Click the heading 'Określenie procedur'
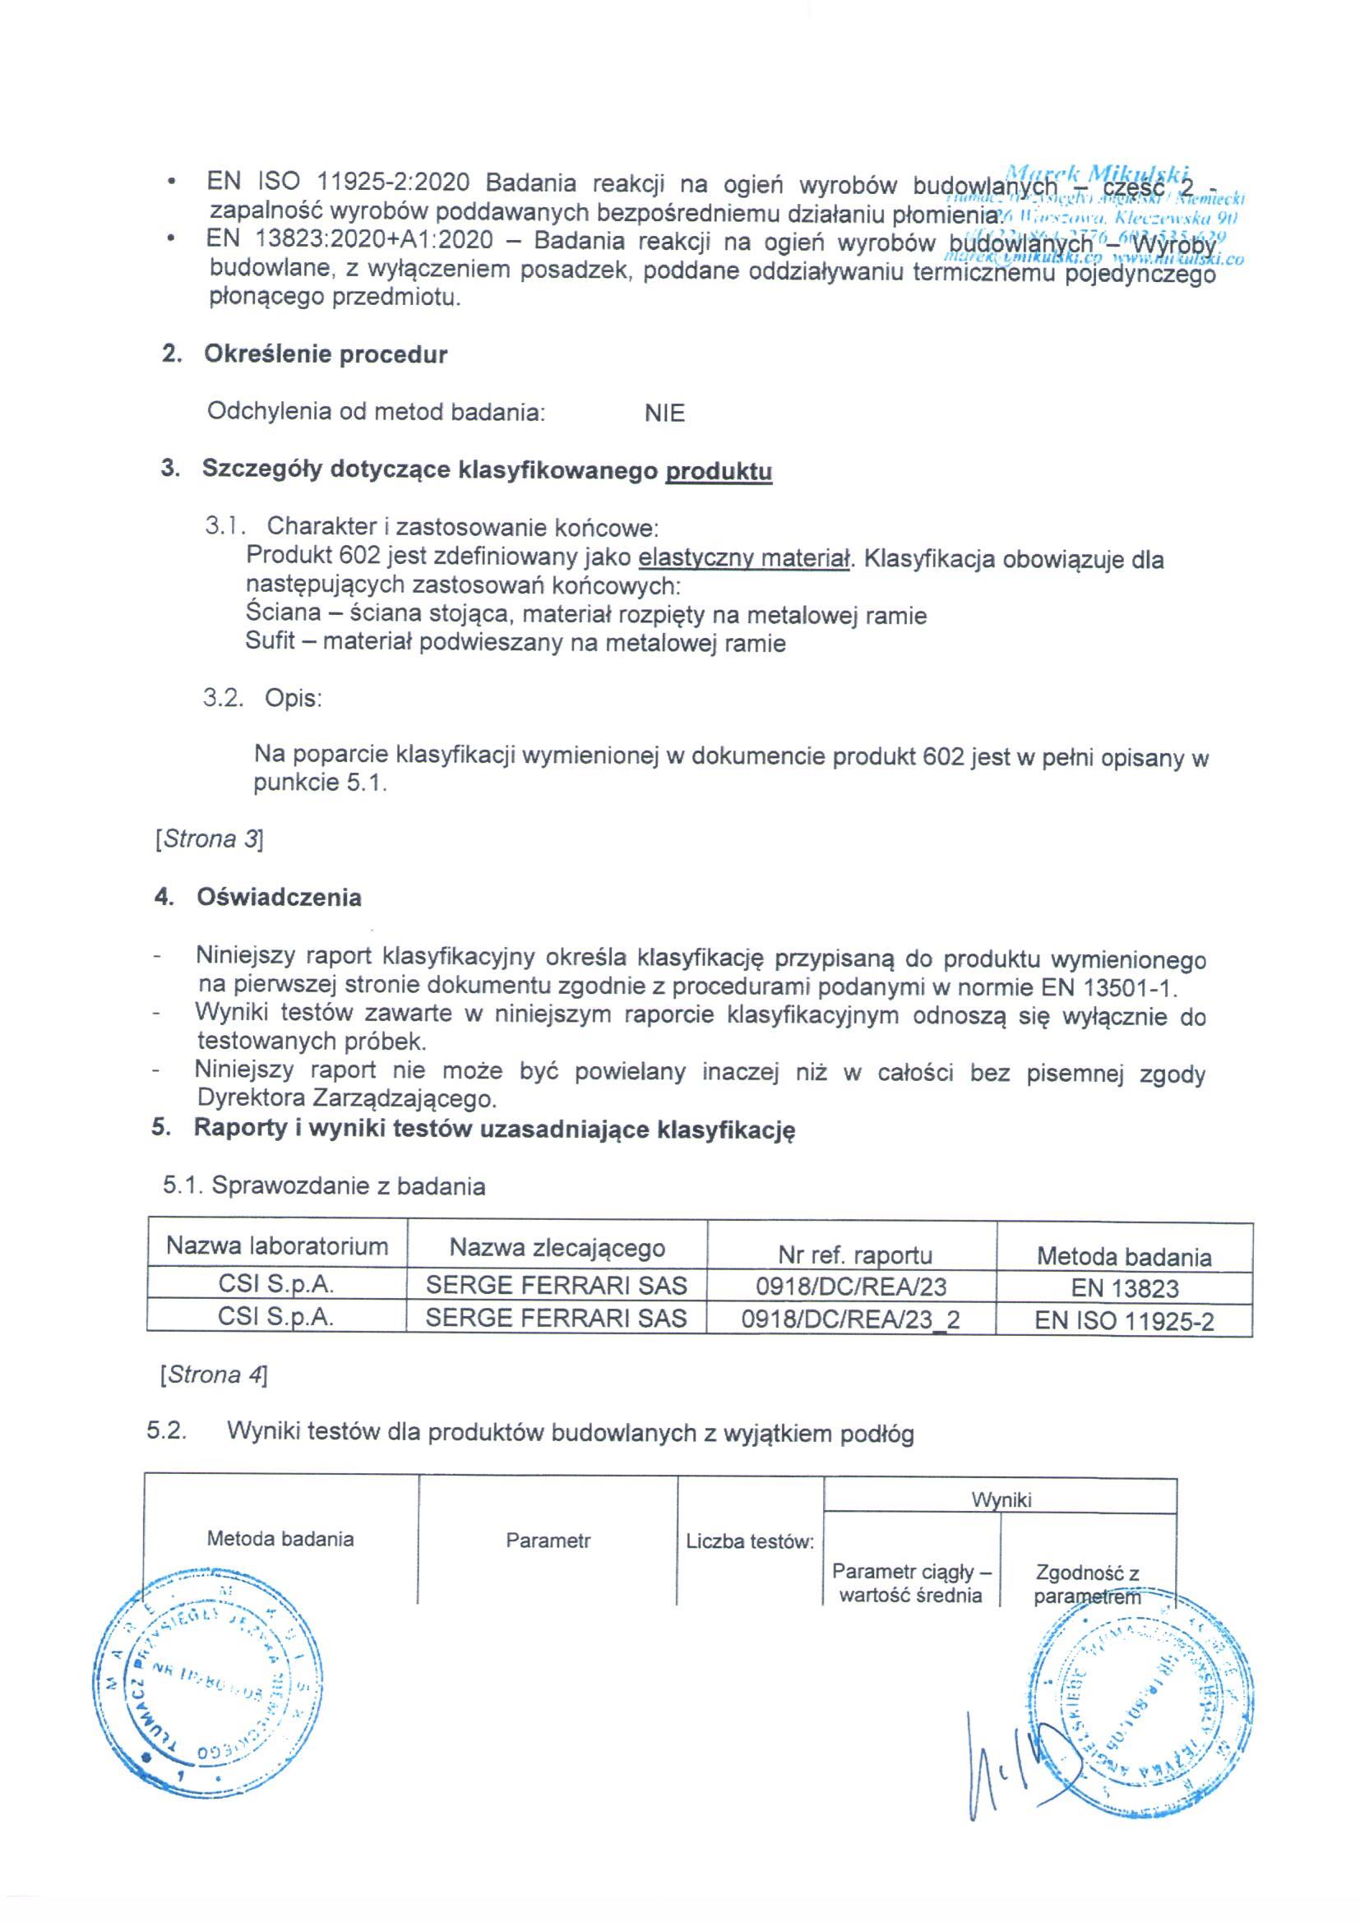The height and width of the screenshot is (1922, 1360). click(325, 354)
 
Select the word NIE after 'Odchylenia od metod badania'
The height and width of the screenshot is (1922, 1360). click(664, 414)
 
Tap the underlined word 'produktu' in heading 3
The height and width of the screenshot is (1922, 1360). click(718, 471)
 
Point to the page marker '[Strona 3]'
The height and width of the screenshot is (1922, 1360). click(210, 839)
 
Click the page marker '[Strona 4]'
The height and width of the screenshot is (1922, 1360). click(214, 1375)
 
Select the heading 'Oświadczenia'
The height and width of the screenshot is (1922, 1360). click(279, 898)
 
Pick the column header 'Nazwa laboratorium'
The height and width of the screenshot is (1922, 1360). click(277, 1246)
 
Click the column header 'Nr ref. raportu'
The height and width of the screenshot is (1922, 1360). click(854, 1254)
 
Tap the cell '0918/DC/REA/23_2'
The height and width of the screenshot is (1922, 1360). click(850, 1320)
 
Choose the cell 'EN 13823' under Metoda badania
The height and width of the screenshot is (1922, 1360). click(1124, 1288)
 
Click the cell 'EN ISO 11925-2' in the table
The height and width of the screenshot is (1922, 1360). click(1124, 1322)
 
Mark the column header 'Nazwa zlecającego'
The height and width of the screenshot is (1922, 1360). click(557, 1248)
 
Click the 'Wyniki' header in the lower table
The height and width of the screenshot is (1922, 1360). click(1001, 1499)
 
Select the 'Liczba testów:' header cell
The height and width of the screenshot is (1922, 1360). click(750, 1541)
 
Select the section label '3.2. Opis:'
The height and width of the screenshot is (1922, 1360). click(262, 698)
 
